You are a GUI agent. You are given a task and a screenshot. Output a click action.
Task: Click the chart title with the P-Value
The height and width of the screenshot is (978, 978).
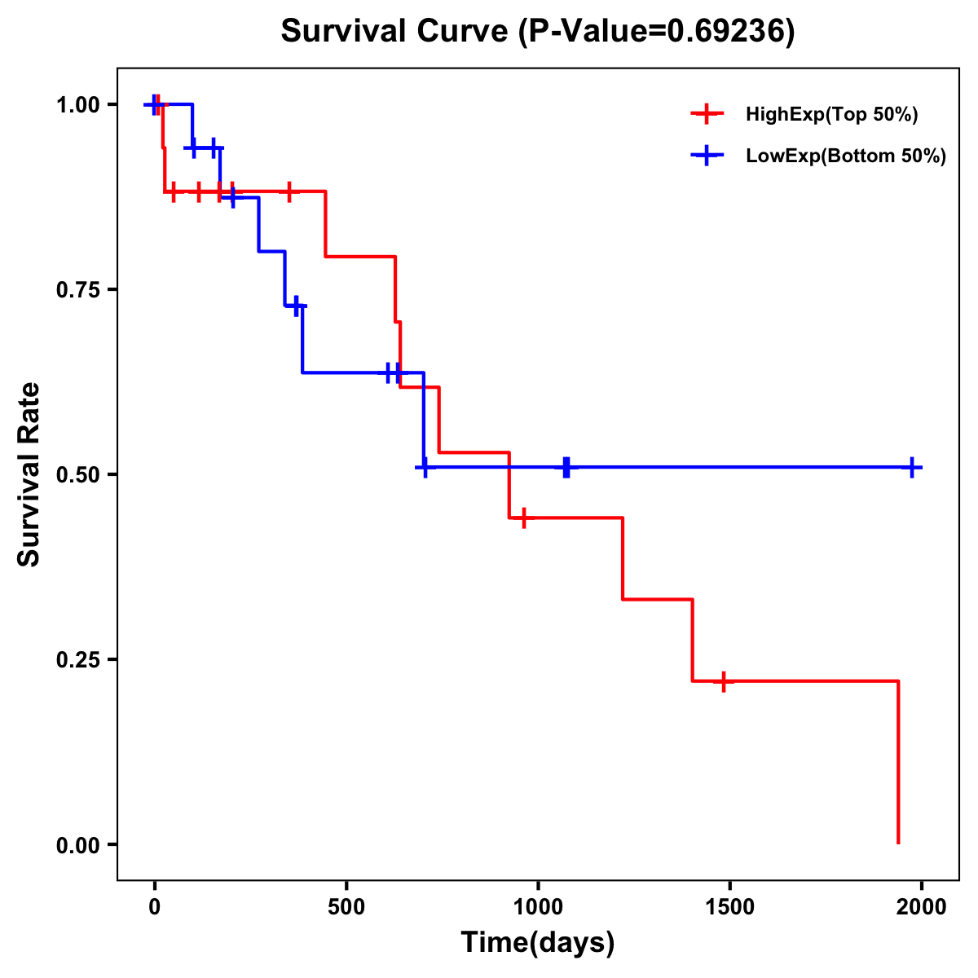(x=538, y=32)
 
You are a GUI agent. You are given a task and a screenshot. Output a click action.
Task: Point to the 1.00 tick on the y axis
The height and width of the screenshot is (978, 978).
(x=78, y=105)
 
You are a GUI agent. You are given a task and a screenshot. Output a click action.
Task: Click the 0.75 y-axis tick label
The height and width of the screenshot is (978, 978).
(x=78, y=290)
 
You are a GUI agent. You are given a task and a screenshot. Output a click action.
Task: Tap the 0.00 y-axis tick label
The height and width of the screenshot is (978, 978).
(x=78, y=845)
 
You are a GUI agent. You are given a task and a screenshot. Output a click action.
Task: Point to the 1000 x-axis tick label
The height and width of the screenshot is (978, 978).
(x=538, y=906)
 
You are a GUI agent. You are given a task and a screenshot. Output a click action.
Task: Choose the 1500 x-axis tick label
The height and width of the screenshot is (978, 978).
(x=729, y=906)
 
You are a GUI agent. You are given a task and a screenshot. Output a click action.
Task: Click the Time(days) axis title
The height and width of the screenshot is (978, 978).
(x=538, y=943)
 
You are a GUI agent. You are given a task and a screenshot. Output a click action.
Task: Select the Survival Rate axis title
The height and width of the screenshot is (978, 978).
(x=29, y=474)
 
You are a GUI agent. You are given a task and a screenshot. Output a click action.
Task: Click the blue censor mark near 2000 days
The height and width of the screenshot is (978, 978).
(x=913, y=468)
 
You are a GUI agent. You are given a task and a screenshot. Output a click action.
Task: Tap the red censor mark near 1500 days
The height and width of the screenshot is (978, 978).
(x=722, y=681)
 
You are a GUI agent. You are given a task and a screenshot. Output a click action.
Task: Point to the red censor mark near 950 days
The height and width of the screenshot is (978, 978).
(x=523, y=518)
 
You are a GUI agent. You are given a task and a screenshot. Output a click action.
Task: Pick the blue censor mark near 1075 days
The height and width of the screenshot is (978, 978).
(x=566, y=468)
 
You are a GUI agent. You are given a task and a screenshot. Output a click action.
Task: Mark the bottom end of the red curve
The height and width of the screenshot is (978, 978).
(x=898, y=842)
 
